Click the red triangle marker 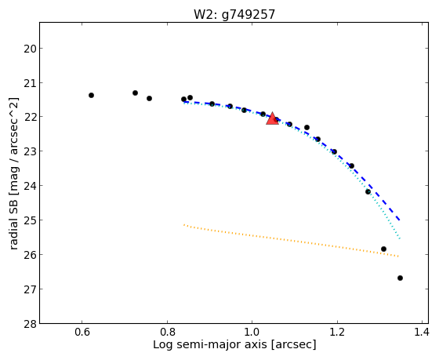[x=272, y=118]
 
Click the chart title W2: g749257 [x=234, y=15]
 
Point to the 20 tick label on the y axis [x=30, y=49]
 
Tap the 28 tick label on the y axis [x=30, y=324]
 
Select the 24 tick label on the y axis [x=30, y=186]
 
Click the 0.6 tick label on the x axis [x=82, y=332]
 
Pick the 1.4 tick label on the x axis [x=422, y=332]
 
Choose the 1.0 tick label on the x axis [x=252, y=332]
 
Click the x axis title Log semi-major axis [x=210, y=344]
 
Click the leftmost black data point [x=91, y=95]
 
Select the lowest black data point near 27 [x=400, y=278]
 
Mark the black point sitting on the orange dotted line [x=383, y=249]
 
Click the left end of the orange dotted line [x=184, y=224]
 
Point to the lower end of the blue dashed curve [x=400, y=220]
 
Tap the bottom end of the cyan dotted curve [x=400, y=239]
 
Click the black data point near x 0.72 [x=135, y=93]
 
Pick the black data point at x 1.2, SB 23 [x=334, y=152]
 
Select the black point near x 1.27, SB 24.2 [x=368, y=191]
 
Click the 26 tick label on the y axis [x=30, y=255]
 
